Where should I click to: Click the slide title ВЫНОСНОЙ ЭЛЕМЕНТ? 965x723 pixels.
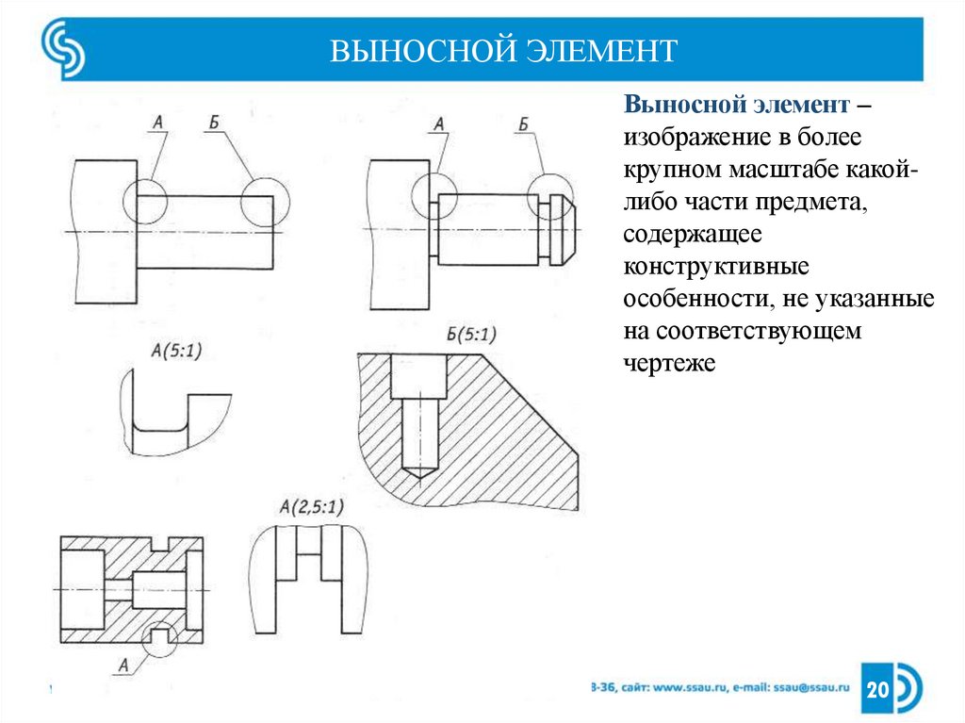point(503,49)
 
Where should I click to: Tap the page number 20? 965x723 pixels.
point(877,690)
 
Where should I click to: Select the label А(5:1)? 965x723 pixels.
point(175,351)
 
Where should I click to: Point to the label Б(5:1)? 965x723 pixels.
point(470,334)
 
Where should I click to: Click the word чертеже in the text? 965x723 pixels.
point(670,361)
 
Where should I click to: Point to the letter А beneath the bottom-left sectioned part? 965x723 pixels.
point(123,665)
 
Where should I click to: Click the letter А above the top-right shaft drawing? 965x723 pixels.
point(438,123)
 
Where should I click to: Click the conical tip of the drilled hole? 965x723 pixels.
point(415,467)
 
